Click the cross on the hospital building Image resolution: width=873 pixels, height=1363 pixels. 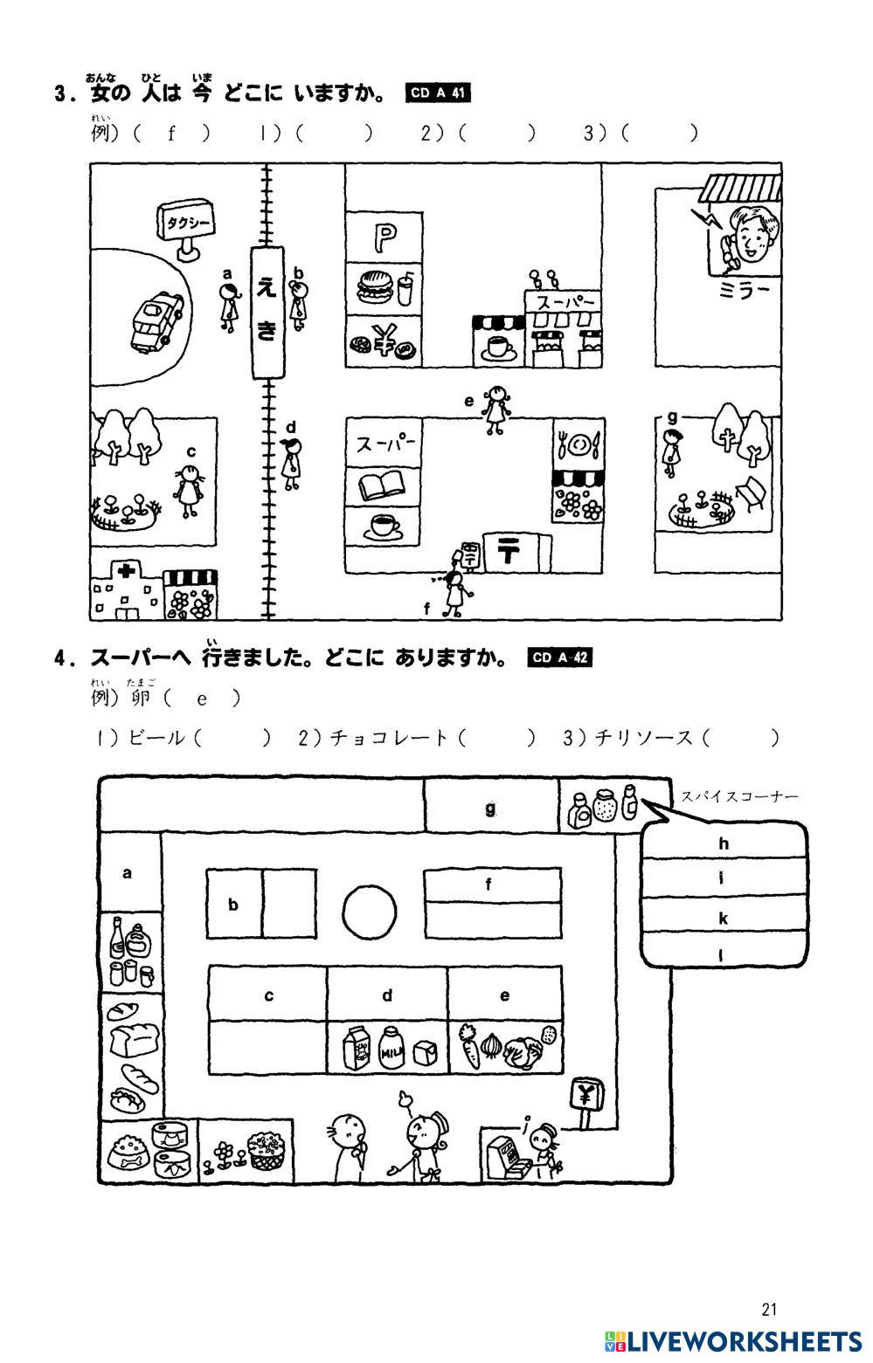click(128, 571)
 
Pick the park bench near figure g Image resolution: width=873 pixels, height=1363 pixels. click(752, 493)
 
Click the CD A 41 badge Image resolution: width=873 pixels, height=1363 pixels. click(439, 93)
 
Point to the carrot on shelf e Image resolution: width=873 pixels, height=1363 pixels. click(469, 1046)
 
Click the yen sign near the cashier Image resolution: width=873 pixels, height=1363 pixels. click(585, 1092)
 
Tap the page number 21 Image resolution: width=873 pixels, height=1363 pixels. click(769, 1309)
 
